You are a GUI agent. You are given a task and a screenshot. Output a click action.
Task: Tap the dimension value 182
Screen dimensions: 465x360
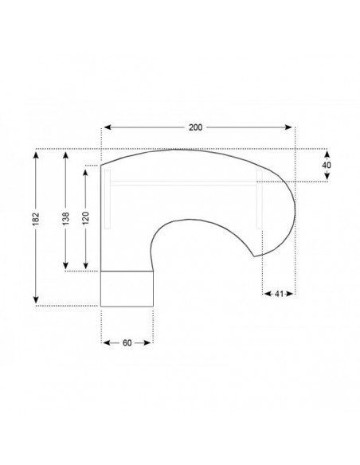tap(37, 225)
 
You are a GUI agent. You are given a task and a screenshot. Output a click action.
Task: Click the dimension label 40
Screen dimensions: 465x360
tap(327, 165)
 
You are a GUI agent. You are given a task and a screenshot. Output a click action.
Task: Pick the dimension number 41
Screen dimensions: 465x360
tap(279, 294)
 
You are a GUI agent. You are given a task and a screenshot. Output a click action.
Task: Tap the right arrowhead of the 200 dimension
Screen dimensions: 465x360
tap(291, 127)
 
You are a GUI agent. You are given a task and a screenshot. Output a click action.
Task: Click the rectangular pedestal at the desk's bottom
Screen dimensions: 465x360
tap(127, 288)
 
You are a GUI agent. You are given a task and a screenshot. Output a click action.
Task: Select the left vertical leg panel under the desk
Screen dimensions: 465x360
tap(106, 199)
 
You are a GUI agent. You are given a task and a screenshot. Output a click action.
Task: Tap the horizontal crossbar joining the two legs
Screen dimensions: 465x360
tap(183, 182)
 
